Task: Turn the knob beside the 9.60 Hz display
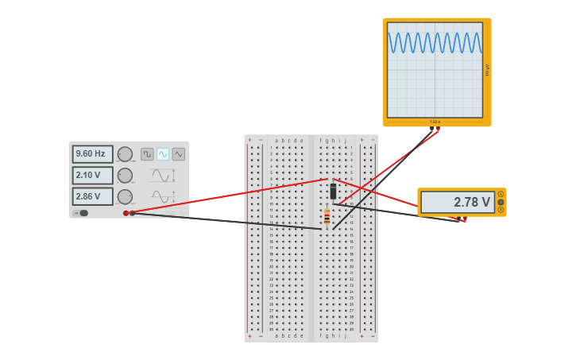tap(125, 154)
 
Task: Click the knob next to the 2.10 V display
tap(125, 176)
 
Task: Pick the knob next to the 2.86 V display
tap(125, 196)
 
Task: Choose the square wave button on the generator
tap(147, 154)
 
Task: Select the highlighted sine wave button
tap(163, 154)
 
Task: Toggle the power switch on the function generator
tap(82, 213)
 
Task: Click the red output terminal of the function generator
tap(126, 213)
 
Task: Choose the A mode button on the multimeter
tap(501, 195)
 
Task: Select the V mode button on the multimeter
tap(501, 202)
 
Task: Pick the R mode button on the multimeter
tap(501, 210)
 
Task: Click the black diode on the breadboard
tap(333, 192)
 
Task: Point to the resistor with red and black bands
tap(327, 215)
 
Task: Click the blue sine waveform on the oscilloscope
tap(435, 43)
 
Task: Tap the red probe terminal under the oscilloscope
tap(437, 130)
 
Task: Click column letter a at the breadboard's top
tap(276, 141)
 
